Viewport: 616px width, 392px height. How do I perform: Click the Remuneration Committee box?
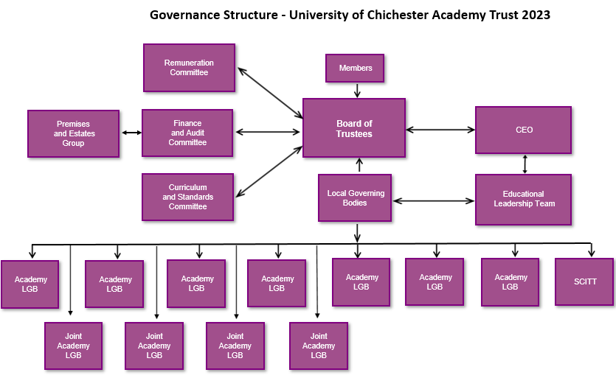[189, 68]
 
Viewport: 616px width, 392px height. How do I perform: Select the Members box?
[355, 68]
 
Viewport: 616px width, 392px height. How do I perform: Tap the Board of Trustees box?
[354, 128]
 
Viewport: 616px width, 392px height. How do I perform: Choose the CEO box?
[523, 130]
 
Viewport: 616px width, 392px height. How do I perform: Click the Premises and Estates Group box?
[73, 133]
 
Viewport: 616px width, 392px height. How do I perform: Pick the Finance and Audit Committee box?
[187, 133]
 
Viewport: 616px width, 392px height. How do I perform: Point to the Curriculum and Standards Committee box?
[187, 197]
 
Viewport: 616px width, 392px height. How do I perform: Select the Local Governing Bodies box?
[355, 197]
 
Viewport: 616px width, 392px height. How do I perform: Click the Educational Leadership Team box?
[523, 199]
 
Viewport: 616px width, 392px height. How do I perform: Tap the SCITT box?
[584, 281]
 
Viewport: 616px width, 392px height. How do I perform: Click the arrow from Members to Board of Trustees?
[357, 91]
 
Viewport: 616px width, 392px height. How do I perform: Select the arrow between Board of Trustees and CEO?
[440, 130]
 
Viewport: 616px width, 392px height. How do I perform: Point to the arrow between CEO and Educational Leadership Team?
[525, 164]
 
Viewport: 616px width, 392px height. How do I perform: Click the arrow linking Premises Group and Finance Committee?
[131, 133]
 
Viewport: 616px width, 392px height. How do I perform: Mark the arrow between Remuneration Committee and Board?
[269, 94]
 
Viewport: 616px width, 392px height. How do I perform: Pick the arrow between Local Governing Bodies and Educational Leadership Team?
[433, 200]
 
